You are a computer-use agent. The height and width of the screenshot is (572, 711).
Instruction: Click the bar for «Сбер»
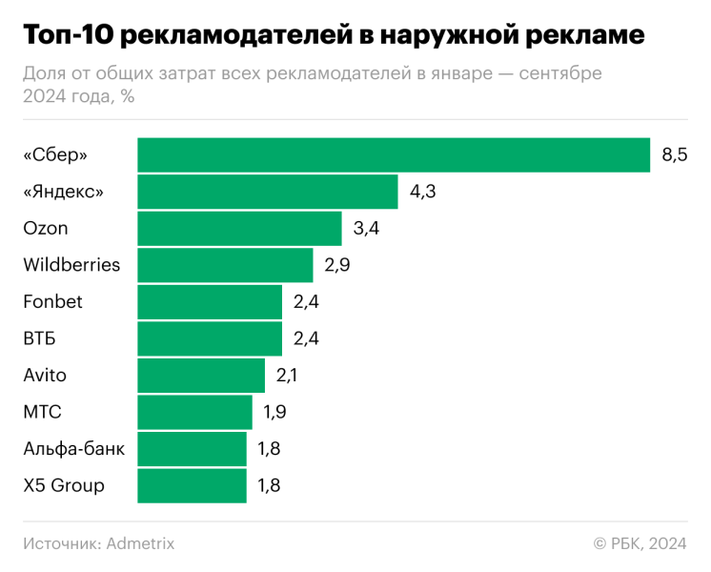tap(394, 155)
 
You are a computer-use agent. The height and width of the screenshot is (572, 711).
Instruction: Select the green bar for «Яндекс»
tap(268, 192)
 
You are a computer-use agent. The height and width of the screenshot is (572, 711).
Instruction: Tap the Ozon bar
tap(239, 229)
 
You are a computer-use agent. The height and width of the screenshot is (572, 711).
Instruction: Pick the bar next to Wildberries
tap(225, 265)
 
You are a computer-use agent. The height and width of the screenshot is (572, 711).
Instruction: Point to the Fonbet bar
tap(210, 302)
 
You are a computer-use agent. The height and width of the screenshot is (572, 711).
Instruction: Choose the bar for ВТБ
tap(210, 338)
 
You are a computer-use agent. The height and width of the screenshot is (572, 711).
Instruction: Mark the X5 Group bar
tap(192, 485)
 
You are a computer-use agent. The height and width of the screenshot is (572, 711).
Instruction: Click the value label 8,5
tap(675, 155)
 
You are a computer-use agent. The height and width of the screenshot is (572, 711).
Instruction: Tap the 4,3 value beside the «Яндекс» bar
tap(422, 192)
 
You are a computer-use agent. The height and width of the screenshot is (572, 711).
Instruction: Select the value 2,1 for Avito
tap(287, 376)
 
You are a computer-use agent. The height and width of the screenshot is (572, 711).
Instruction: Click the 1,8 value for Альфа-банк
tap(269, 449)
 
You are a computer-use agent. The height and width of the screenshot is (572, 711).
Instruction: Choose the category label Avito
tap(45, 376)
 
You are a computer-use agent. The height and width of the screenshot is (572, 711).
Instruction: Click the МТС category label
tap(42, 412)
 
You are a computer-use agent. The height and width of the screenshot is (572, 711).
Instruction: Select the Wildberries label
tap(71, 265)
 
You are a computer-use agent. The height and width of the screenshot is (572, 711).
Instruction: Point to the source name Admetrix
tap(141, 543)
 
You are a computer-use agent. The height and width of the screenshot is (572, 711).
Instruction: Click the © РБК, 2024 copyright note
tap(640, 543)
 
